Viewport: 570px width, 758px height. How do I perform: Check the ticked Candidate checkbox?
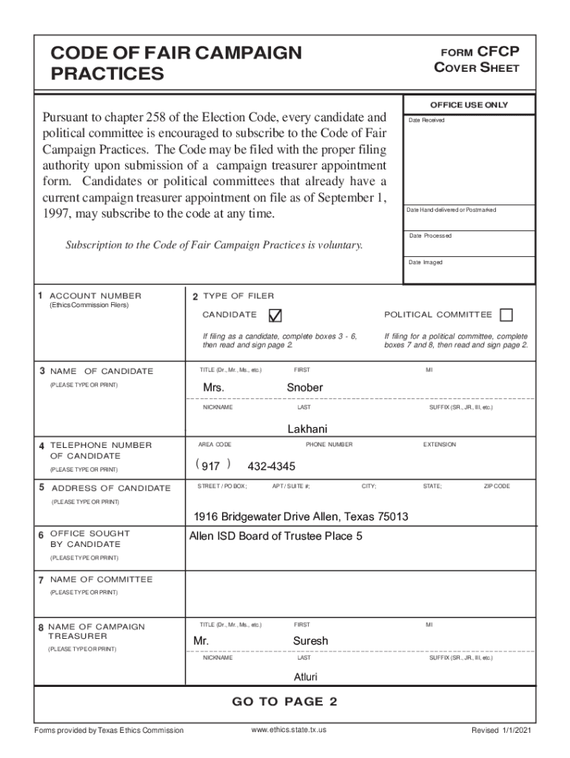click(x=275, y=315)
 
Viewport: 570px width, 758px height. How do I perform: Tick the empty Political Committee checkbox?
click(x=506, y=315)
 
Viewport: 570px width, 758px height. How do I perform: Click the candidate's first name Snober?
click(x=304, y=388)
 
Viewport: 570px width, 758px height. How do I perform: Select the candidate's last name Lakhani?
click(x=307, y=429)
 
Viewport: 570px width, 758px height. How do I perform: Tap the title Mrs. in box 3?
click(x=214, y=388)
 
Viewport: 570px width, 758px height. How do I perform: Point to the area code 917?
click(x=211, y=466)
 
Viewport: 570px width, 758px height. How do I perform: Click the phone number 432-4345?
click(x=271, y=466)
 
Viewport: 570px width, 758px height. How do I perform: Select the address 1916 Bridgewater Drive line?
click(x=301, y=517)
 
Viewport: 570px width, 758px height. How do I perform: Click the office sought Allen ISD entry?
click(x=276, y=536)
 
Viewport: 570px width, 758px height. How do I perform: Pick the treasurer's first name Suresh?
click(x=310, y=640)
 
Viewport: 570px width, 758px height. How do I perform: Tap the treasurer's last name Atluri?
click(x=306, y=677)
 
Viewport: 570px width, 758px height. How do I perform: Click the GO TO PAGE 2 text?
click(x=285, y=702)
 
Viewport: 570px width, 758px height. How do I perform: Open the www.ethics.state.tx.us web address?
click(x=289, y=730)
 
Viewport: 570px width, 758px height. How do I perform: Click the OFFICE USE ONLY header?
click(x=469, y=105)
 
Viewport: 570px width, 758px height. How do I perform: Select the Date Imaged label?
click(x=426, y=263)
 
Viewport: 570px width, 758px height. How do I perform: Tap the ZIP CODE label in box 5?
click(x=497, y=486)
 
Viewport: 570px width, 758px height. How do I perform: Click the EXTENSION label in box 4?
click(x=440, y=445)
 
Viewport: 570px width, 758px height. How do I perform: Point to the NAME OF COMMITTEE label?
click(x=101, y=580)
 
